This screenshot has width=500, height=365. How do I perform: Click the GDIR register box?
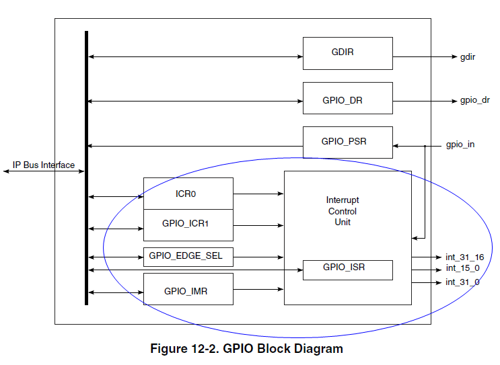click(347, 53)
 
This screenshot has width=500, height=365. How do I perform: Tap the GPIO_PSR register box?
click(347, 142)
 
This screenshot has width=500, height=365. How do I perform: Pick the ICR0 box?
click(188, 194)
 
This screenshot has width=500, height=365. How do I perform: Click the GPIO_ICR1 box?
click(188, 225)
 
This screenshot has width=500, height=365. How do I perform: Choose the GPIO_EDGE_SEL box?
click(188, 257)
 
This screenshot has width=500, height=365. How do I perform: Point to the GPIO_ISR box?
click(347, 270)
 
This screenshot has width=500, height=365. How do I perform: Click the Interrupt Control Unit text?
click(343, 211)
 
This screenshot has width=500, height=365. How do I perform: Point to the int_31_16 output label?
click(464, 257)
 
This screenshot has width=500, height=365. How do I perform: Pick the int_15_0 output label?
click(462, 269)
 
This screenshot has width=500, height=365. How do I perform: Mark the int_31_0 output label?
click(462, 282)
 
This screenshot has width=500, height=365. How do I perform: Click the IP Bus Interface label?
click(44, 165)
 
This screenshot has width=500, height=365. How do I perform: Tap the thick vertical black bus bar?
click(86, 168)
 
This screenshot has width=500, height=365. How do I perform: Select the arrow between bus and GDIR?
click(195, 57)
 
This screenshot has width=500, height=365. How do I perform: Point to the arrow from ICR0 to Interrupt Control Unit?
click(258, 194)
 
